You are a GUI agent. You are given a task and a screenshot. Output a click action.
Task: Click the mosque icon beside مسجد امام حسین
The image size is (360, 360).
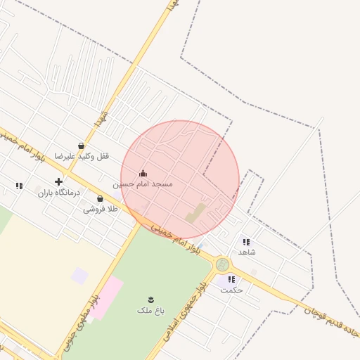[x=143, y=173]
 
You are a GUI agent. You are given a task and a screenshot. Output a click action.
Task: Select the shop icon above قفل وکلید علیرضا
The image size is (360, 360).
[x=82, y=146]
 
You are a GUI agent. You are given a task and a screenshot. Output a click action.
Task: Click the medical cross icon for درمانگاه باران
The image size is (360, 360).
[x=58, y=181]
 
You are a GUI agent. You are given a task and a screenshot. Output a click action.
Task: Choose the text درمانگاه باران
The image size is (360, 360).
[x=59, y=192]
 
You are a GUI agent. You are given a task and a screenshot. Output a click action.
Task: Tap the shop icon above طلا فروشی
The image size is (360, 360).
[x=101, y=198]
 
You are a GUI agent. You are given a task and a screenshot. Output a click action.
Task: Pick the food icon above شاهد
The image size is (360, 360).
[x=246, y=241]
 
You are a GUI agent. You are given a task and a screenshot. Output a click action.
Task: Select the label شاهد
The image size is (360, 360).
[x=247, y=252]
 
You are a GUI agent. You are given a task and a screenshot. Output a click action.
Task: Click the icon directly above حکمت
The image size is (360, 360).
[x=231, y=279]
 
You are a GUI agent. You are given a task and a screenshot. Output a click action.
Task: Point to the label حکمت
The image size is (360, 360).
[x=231, y=290]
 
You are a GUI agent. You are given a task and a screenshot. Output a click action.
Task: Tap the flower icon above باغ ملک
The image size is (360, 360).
[x=150, y=299]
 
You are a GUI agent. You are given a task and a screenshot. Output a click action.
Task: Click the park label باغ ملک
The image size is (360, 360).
[x=150, y=309]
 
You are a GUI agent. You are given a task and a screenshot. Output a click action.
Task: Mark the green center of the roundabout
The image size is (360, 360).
[x=223, y=264]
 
